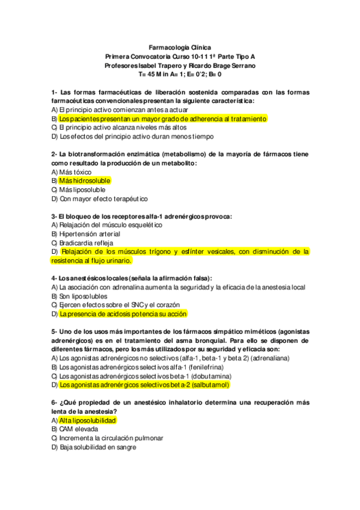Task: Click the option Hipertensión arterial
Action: point(90,233)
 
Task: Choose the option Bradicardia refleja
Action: point(85,242)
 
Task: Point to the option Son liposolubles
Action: point(84,296)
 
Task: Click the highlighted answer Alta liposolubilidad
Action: point(88,420)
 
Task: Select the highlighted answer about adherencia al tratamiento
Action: point(162,118)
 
